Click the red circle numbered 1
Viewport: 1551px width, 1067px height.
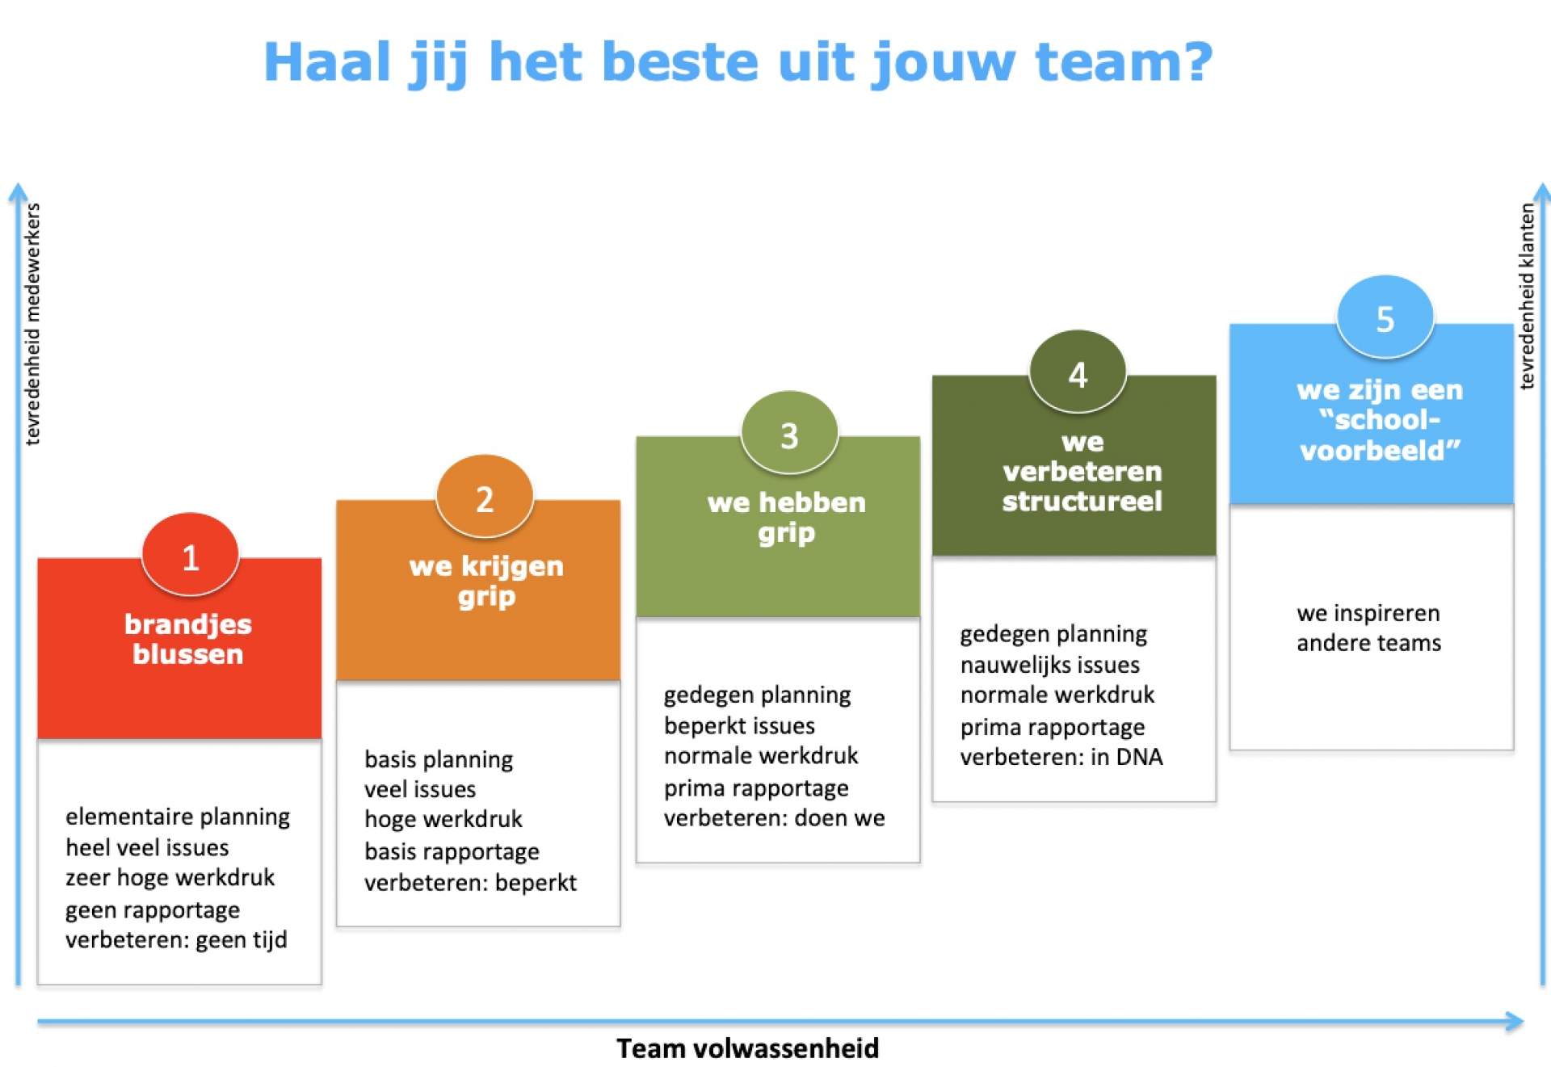[190, 555]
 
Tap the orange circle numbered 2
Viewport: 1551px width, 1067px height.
[485, 497]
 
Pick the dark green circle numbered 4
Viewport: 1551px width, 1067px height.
[1078, 372]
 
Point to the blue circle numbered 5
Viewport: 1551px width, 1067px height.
[1385, 317]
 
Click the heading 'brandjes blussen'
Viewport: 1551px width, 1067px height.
[187, 639]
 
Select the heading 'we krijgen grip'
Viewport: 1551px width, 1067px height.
[486, 581]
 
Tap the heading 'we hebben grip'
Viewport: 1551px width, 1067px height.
[787, 517]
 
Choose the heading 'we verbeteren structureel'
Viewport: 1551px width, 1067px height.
[1082, 472]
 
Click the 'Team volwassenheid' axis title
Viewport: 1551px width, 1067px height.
[748, 1048]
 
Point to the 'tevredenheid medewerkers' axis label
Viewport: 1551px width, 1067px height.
[32, 324]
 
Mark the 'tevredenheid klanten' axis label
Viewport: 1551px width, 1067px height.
[1526, 296]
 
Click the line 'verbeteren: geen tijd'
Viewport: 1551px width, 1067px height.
[176, 940]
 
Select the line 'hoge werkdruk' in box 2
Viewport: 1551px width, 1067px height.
[443, 819]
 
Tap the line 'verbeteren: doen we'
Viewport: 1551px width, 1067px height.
[775, 817]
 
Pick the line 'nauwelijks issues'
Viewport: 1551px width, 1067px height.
[1050, 665]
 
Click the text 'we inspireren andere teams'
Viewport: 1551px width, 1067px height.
[1368, 628]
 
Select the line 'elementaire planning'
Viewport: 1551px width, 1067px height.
[178, 817]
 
